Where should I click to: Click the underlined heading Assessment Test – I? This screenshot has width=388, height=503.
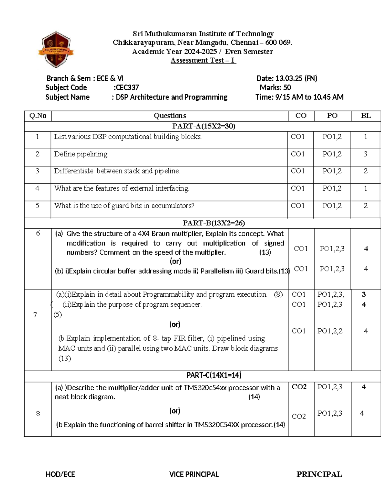(x=203, y=60)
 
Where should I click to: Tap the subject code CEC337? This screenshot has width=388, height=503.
(x=127, y=87)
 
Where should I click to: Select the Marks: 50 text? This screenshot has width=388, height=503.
(x=275, y=87)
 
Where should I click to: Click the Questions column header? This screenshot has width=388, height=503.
(x=170, y=116)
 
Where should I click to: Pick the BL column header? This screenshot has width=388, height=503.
(x=366, y=116)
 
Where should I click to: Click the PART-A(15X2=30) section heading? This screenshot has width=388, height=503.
(x=204, y=126)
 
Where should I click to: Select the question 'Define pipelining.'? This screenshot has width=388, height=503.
(x=81, y=154)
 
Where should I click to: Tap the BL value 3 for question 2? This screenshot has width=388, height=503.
(x=365, y=154)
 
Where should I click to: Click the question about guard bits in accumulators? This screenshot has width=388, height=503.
(x=124, y=206)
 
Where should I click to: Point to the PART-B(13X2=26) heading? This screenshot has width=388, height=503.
(x=214, y=223)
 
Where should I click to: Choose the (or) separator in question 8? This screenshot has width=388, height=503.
(x=175, y=411)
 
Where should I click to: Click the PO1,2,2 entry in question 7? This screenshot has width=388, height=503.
(x=330, y=331)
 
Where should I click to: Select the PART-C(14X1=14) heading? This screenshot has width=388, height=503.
(x=214, y=375)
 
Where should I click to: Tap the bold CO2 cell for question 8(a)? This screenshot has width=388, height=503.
(x=299, y=387)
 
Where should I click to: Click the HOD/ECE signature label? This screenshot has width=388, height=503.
(x=60, y=474)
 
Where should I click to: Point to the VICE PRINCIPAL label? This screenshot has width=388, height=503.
(x=194, y=474)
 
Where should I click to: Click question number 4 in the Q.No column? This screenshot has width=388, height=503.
(x=38, y=188)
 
